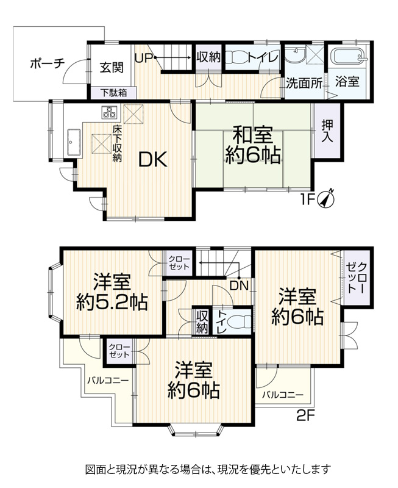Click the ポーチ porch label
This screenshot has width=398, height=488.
tap(48, 64)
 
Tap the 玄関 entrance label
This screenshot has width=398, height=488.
tap(112, 68)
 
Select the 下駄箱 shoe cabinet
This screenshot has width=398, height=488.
tap(113, 93)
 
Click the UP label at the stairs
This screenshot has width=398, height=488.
tap(144, 58)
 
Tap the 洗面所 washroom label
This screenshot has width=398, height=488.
tap(304, 83)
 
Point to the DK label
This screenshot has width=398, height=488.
tap(153, 160)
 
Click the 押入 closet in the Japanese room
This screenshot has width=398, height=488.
tap(327, 131)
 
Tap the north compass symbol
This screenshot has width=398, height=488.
tap(325, 199)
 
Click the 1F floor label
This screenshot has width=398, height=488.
tap(308, 199)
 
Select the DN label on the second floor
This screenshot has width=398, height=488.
tap(240, 285)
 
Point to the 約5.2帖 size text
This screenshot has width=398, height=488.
tap(112, 301)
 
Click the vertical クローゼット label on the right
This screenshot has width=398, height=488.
tap(357, 278)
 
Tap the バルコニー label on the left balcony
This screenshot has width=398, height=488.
tap(108, 380)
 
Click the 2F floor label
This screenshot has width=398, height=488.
tap(306, 415)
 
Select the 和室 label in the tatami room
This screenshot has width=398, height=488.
tap(253, 134)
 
